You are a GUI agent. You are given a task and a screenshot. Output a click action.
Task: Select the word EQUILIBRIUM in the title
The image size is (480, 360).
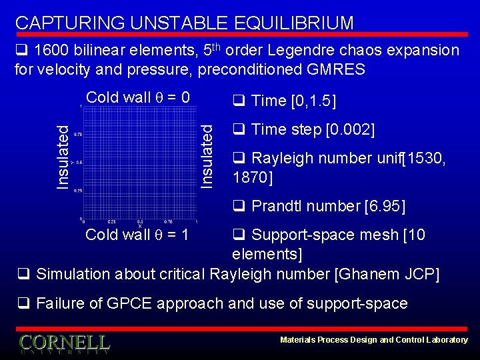[x=294, y=23]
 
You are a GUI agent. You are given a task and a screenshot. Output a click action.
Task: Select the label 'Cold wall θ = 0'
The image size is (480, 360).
[x=138, y=97]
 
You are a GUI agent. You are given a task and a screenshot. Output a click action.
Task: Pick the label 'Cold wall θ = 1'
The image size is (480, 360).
[x=137, y=235]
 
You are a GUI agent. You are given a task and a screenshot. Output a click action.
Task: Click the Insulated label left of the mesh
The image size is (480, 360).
[x=62, y=157]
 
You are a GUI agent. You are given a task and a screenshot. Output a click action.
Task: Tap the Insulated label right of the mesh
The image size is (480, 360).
[x=208, y=157]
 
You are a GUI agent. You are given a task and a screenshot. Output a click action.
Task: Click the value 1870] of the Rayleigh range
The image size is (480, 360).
[x=253, y=177]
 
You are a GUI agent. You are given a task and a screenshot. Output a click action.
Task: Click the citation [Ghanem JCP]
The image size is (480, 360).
[x=386, y=274]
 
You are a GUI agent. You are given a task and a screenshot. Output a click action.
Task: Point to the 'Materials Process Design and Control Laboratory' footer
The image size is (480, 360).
[x=373, y=340]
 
